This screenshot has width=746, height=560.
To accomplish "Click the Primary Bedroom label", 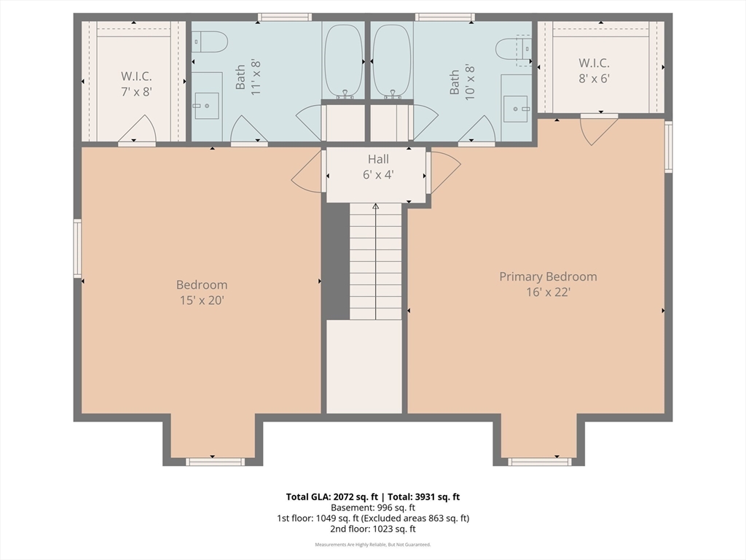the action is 548,276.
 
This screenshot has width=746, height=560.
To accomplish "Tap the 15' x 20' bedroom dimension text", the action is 202,300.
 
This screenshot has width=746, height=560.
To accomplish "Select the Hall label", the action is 378,159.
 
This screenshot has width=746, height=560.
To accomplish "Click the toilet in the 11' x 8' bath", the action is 211,42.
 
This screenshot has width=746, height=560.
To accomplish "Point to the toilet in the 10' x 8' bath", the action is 514,48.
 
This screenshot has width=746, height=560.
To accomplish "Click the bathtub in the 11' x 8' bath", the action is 343,61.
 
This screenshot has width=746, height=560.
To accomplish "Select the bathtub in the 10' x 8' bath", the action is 392,61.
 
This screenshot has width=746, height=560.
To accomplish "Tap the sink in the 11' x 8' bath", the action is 206,106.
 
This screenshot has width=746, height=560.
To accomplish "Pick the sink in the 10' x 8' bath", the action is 516,109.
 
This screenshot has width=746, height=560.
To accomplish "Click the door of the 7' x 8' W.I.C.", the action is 137,129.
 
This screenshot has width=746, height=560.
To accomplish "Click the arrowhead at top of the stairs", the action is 375,206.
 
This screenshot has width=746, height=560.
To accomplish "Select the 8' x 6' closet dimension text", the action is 594,79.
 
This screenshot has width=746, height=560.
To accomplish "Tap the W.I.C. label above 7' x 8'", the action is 136,76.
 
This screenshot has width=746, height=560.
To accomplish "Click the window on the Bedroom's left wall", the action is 77,248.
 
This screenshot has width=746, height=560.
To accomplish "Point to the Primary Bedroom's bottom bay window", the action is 540,462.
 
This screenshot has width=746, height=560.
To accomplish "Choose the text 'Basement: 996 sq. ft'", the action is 373,507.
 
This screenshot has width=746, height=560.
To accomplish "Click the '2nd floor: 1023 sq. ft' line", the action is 373,529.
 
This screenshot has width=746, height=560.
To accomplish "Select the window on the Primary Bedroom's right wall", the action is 669,147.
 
